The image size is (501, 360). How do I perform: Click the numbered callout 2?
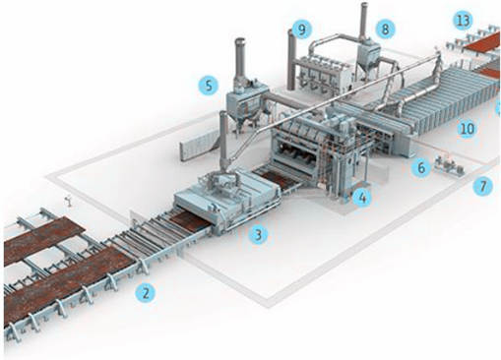pos(146,292)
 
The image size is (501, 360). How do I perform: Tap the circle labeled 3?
pos(259,234)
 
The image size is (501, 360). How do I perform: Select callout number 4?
pos(362,198)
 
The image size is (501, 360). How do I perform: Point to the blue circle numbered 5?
pos(209,86)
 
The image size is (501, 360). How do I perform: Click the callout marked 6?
pos(421,168)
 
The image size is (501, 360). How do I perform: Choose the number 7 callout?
pos(483,186)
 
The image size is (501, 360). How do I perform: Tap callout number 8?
pos(385,29)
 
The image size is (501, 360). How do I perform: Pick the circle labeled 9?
pos(302,30)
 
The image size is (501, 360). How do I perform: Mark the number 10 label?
pos(468,129)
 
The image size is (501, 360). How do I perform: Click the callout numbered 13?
pos(463,21)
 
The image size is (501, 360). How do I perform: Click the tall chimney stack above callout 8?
pos(364,22)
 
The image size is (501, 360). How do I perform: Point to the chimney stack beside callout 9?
pos(291,59)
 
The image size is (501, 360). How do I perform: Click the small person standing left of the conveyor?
pos(69,201)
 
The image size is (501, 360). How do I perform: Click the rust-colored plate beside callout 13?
pos(482,42)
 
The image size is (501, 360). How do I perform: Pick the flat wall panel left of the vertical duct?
pos(200,147)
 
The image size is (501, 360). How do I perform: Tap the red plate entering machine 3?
pos(190,219)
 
